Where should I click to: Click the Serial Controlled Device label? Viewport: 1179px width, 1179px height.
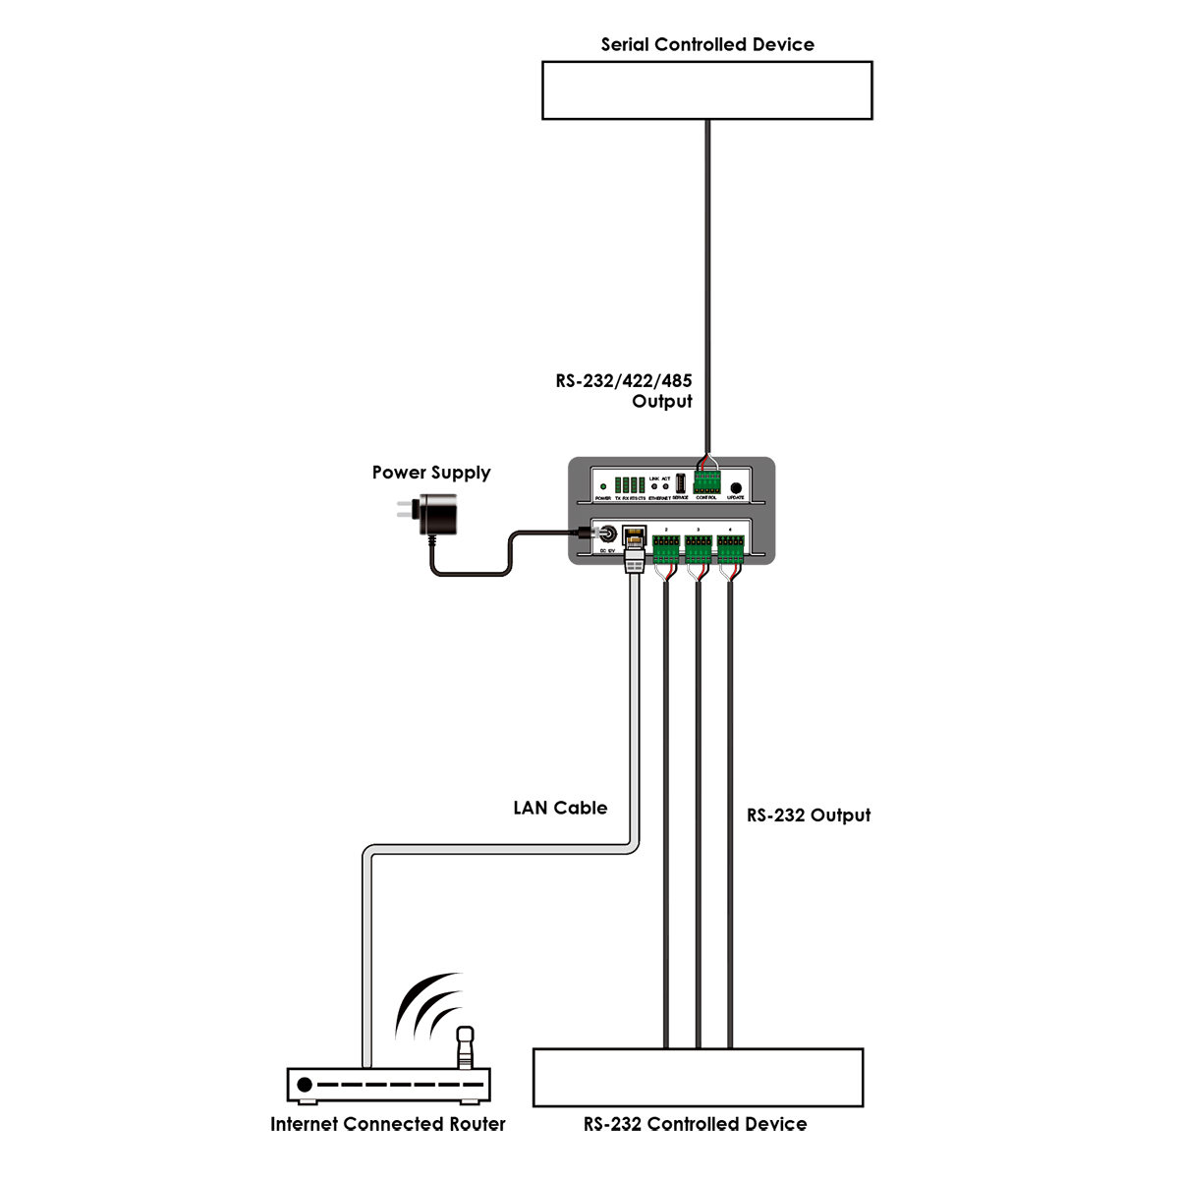[x=707, y=44]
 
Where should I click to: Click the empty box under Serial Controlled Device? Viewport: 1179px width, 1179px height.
[x=707, y=90]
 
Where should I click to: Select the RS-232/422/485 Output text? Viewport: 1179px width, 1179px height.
[x=624, y=391]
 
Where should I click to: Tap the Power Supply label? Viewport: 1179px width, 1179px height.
[x=430, y=473]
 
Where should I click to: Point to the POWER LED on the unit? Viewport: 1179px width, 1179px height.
[x=603, y=486]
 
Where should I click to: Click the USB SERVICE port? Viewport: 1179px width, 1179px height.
[x=680, y=482]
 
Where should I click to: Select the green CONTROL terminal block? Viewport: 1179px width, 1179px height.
[x=706, y=481]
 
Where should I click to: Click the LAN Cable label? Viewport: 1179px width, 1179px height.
[x=560, y=808]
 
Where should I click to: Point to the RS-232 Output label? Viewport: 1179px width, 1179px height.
[x=809, y=814]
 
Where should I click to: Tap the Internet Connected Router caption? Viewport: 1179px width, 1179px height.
[x=388, y=1124]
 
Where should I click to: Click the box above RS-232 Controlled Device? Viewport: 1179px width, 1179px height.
[x=698, y=1078]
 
